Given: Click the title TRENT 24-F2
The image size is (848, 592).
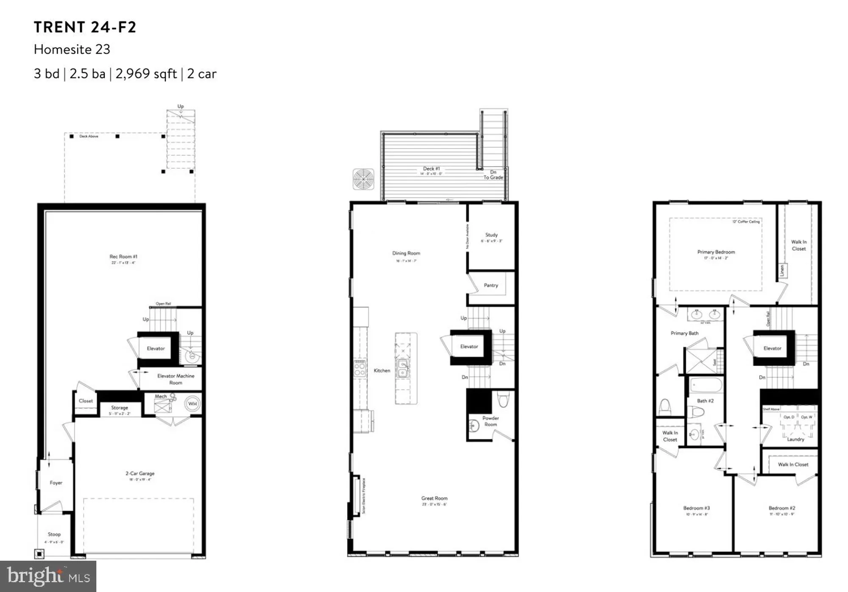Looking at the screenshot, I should pos(85,27).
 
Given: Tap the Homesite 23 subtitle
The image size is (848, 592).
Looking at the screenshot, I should pos(72,50).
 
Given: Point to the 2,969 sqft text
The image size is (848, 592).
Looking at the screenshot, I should pos(146,74).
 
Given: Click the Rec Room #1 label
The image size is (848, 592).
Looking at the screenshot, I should pos(123,257).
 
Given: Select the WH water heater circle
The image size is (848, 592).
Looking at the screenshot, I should pos(192,403).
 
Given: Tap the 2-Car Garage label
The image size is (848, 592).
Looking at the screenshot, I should pos(140,473).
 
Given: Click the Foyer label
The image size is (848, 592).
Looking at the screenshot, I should pos(56,483).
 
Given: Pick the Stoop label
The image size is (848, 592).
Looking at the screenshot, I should pos(54,534).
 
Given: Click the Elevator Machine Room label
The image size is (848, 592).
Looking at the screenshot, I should pos(176,379).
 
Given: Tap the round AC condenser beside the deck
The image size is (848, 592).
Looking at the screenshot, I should pos(363,179).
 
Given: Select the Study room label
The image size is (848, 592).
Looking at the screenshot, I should pos(491,235).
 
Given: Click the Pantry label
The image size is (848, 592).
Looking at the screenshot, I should pos(491,285).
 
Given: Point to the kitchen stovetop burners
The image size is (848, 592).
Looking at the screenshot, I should pos(360,367).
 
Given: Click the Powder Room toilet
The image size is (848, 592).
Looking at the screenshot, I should pos(503,399).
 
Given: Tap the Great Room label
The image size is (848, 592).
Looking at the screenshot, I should pos(434,498).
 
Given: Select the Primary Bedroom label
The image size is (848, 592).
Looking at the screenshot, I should pos(716,252).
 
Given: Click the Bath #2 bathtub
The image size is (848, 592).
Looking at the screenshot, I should pos(706,386).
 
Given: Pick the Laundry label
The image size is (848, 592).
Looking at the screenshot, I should pos(795,439).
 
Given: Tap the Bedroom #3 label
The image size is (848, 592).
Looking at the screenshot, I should pos(696,508).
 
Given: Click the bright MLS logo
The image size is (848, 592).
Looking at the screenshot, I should pos(48,576).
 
